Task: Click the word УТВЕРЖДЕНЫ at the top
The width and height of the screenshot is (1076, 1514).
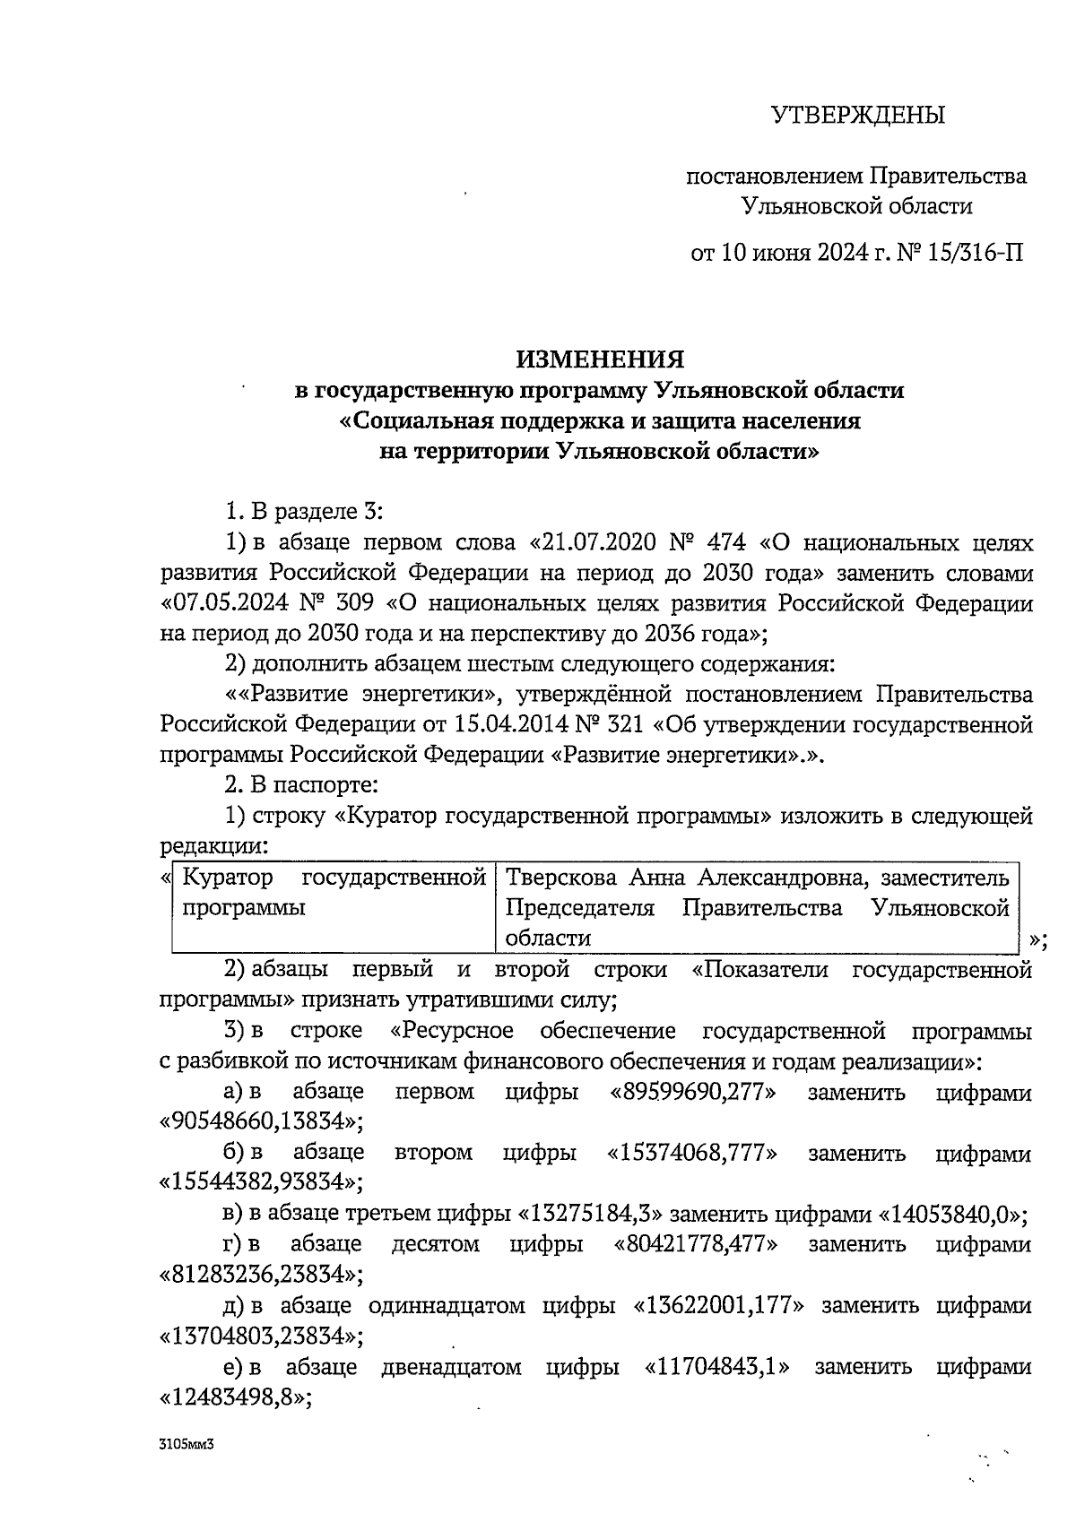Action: click(x=858, y=116)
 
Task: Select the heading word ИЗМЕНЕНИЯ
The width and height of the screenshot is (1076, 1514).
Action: click(x=599, y=359)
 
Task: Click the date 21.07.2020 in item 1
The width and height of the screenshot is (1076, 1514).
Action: click(x=595, y=543)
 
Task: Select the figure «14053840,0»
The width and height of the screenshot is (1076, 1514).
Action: click(x=950, y=1215)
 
